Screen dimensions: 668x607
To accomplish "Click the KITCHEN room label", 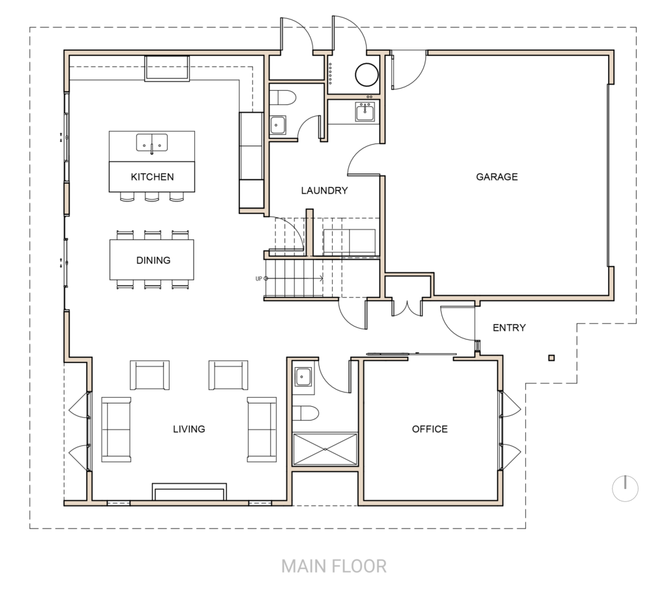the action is click(x=152, y=177).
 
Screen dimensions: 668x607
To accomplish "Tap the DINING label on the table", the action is click(x=153, y=260).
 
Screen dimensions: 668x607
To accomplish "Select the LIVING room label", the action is click(x=189, y=428).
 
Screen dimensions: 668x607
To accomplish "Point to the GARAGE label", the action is click(x=496, y=177).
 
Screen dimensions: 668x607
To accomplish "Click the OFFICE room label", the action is click(x=429, y=428).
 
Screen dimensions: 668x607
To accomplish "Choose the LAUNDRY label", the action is click(x=324, y=190).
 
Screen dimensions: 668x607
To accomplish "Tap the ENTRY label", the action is click(x=509, y=327).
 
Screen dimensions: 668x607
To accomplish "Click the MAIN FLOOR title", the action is click(x=334, y=566).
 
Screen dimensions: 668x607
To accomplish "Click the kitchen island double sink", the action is click(x=151, y=143).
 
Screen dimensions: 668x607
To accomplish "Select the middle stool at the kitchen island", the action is click(x=151, y=196).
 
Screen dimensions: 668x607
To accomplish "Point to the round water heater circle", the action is click(x=367, y=74).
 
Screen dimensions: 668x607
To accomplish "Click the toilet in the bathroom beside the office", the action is click(x=305, y=413).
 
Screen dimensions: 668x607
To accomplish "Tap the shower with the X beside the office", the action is click(x=325, y=449).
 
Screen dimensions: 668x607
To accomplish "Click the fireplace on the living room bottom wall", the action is click(x=189, y=492).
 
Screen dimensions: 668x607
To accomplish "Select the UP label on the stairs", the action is click(x=258, y=279).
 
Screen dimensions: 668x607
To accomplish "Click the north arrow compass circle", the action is click(x=625, y=489).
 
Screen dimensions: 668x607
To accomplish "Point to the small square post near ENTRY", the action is click(x=551, y=358).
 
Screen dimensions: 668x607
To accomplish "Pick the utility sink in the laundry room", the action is click(x=365, y=111).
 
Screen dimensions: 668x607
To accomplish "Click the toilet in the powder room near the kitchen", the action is click(x=282, y=98).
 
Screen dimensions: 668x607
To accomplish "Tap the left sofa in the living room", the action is click(x=116, y=430).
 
